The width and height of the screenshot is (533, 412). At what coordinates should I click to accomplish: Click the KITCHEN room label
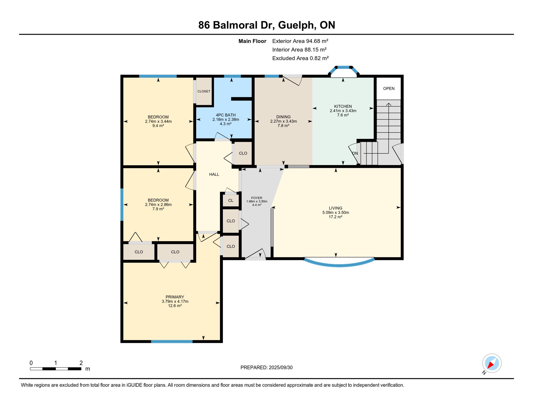coord(343,106)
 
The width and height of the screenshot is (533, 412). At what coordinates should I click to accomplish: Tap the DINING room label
coord(283,117)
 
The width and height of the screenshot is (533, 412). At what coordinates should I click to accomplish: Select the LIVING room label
coord(335,208)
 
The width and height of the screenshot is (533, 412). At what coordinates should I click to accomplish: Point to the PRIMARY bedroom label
coord(175,297)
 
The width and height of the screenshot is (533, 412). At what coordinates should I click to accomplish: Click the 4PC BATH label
coord(225,115)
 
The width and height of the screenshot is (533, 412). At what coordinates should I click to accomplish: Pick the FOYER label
coord(257,198)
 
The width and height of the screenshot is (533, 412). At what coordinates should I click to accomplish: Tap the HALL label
coord(214,174)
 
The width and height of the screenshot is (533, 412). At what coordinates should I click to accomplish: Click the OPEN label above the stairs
coord(388,89)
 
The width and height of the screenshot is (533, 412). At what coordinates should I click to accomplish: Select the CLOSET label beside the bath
coord(204,91)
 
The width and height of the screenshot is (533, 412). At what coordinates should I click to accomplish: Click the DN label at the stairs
coord(355,153)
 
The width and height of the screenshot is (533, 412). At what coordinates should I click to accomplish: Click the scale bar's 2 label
coord(81,363)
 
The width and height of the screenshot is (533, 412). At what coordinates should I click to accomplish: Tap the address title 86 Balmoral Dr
coord(236,25)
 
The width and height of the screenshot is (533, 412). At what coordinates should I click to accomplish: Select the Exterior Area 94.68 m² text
coord(300,41)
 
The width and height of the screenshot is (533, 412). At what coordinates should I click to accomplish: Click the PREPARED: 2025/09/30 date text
coord(266,367)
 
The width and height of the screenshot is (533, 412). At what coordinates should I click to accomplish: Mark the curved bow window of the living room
coord(339,265)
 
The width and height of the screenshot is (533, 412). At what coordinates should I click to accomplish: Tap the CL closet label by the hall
coord(231,200)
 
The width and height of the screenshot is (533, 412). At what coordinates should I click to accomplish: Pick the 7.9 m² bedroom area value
coord(158,209)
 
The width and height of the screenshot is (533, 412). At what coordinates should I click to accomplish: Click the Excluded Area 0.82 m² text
coord(300,58)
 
